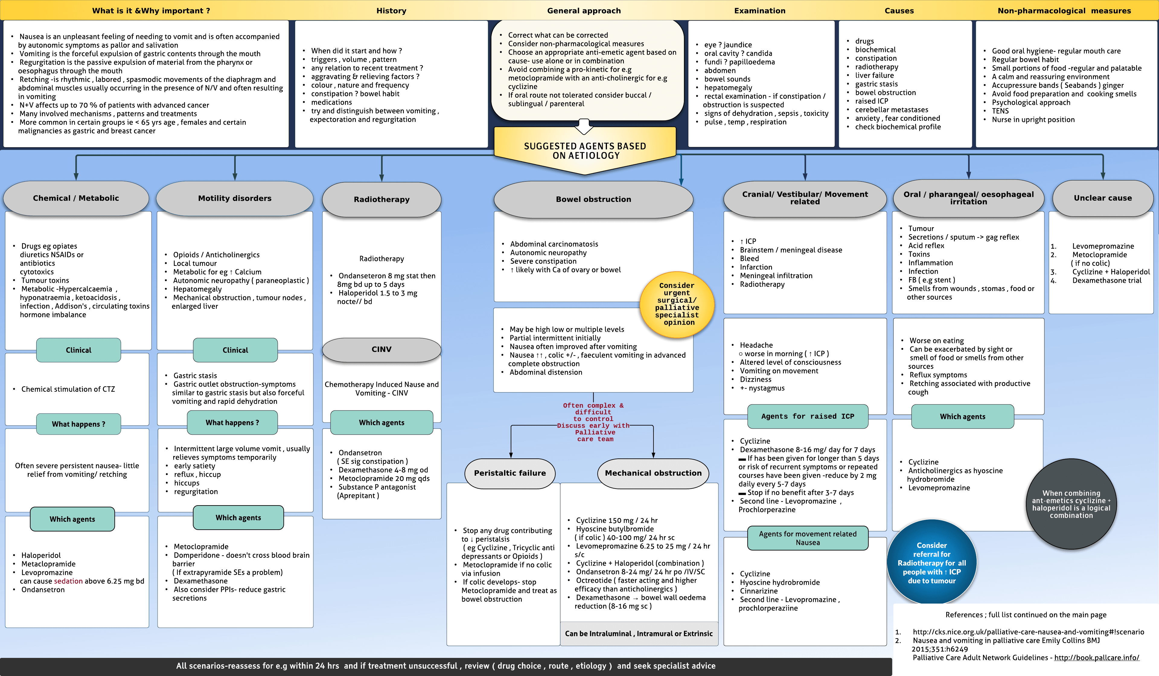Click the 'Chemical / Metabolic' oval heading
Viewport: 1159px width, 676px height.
[x=76, y=198]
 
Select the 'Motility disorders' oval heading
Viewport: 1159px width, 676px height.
[x=235, y=198]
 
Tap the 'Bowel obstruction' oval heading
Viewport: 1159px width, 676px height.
[x=593, y=199]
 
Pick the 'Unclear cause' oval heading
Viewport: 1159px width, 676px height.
[x=1103, y=198]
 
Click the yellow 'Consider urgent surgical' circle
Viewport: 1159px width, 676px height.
[x=677, y=304]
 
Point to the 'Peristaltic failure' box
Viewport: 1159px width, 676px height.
[x=509, y=473]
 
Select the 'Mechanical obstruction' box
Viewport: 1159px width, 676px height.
[x=653, y=473]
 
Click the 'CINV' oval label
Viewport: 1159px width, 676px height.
[x=381, y=349]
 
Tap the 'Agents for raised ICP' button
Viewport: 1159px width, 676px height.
[x=808, y=416]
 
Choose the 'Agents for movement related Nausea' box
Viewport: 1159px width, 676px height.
[x=808, y=538]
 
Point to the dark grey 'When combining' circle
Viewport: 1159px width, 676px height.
[x=1071, y=504]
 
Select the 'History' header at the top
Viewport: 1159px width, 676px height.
[x=391, y=11]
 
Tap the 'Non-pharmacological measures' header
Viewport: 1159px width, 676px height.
[x=1064, y=11]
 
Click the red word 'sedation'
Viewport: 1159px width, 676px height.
[x=68, y=581]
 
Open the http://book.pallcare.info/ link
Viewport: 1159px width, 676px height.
[x=1097, y=658]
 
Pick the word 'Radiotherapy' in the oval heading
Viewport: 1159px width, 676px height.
[x=381, y=199]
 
